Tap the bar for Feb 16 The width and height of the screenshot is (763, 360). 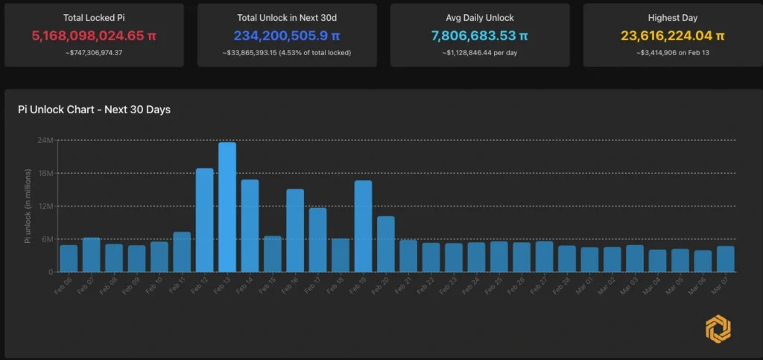[295, 230]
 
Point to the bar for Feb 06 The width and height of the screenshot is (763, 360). [69, 259]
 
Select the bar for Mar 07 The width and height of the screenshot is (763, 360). [725, 259]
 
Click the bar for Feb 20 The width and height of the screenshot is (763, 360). [386, 244]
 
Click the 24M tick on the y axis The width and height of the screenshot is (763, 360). [45, 140]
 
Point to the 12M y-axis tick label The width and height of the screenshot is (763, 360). [45, 206]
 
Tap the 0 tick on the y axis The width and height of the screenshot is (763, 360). [50, 272]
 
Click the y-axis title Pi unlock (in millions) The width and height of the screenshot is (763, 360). [28, 206]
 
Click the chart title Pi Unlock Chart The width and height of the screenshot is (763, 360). [94, 110]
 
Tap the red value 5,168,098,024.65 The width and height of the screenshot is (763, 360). [94, 35]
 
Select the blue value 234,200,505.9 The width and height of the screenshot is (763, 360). [287, 35]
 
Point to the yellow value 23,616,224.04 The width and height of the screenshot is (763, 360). [672, 35]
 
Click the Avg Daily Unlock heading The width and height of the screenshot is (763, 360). [480, 18]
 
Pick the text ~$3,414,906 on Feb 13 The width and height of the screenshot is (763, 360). [672, 52]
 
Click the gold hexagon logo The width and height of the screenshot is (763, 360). [718, 329]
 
